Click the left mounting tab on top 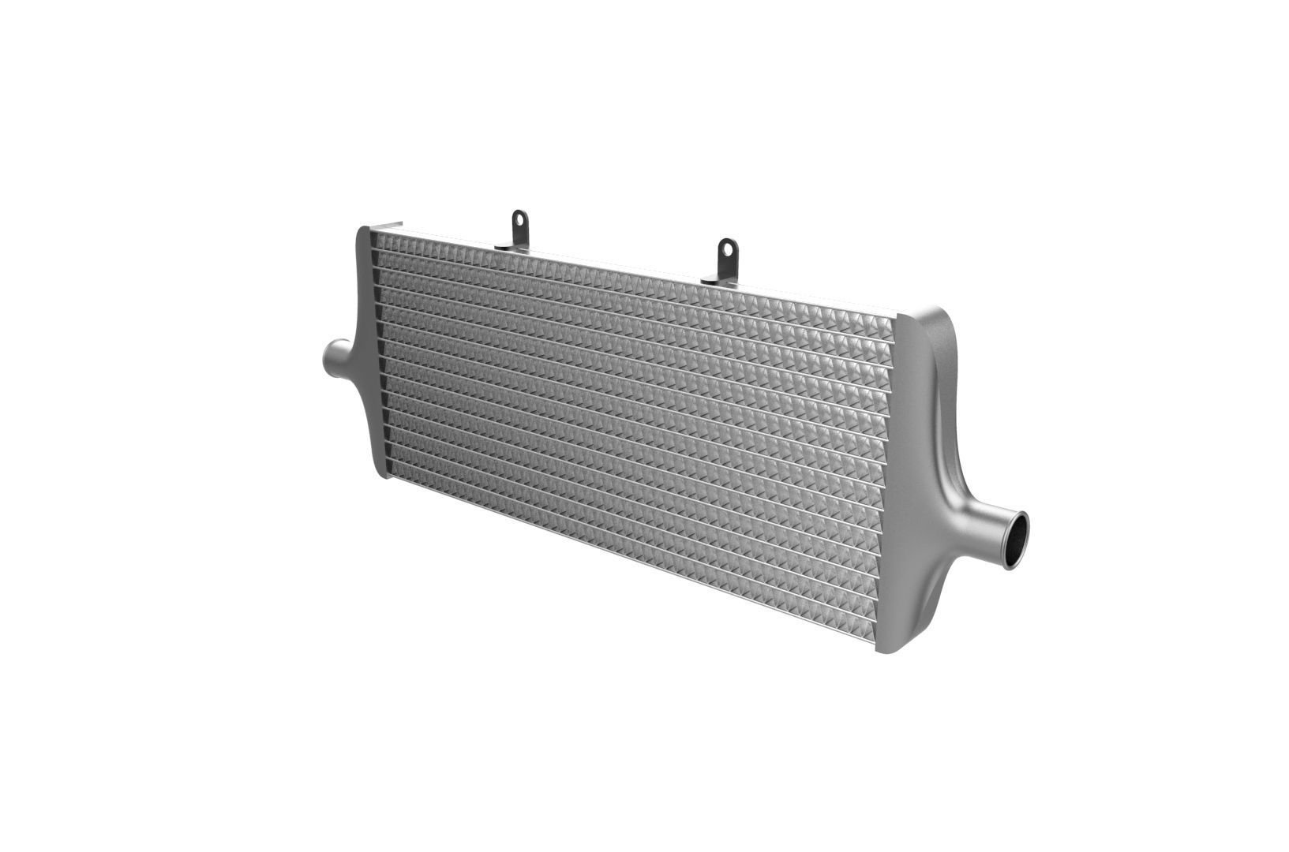pyautogui.click(x=519, y=229)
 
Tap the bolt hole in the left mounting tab pyautogui.click(x=519, y=219)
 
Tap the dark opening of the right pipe pyautogui.click(x=1018, y=540)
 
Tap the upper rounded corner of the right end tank pyautogui.click(x=939, y=316)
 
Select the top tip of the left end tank pyautogui.click(x=364, y=230)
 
